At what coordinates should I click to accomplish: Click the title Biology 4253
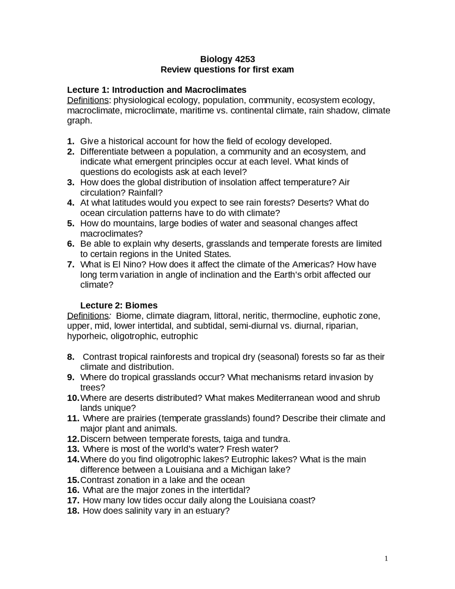point(227,59)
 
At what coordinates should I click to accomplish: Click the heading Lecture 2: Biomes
point(119,305)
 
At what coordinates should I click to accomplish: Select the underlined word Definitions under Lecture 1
point(88,100)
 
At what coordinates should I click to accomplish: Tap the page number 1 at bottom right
point(386,558)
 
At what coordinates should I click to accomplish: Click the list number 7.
point(70,264)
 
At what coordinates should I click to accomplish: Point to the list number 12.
point(73,439)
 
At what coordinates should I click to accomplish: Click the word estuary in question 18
point(213,511)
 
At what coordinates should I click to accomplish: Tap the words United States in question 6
point(203,254)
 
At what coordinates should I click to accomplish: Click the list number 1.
point(70,141)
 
